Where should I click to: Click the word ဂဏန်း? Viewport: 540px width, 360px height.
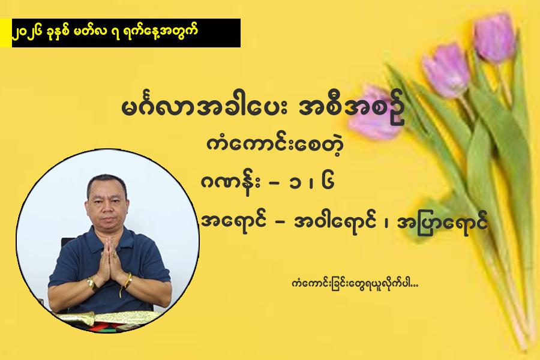pos(230,183)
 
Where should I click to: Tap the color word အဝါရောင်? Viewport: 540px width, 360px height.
pos(334,221)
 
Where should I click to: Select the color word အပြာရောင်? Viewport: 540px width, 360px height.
pos(442,223)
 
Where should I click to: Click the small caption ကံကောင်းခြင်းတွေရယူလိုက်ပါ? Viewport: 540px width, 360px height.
pos(355,284)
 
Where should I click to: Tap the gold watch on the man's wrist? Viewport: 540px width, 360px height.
pos(92,284)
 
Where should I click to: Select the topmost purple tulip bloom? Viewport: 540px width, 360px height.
pos(494,37)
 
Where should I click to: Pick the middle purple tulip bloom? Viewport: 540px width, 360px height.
pos(446,71)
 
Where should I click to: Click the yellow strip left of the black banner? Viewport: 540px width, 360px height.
pos(6,33)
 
